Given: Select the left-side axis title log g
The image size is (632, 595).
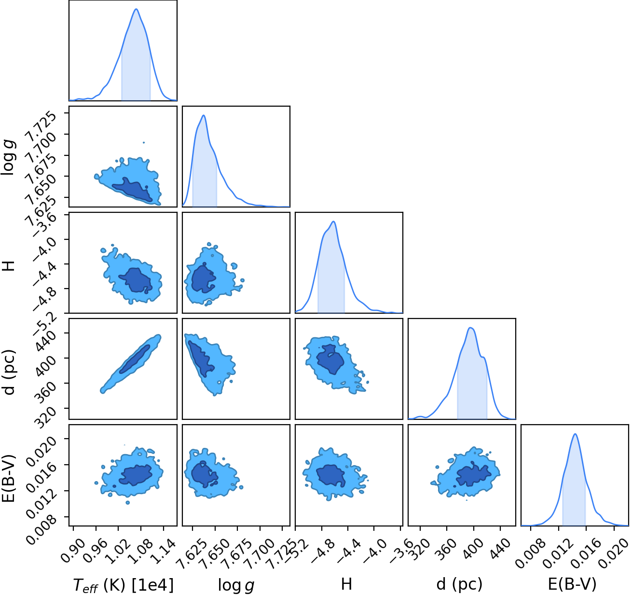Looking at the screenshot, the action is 9,158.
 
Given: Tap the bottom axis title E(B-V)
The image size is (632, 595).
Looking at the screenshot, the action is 572,584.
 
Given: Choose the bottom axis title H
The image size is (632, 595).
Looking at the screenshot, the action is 346,584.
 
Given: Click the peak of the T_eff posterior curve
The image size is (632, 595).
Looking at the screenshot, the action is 136,9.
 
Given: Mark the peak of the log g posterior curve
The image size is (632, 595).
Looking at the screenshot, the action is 204,115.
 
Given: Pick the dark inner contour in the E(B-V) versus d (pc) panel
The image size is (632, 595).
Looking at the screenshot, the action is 474,473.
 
